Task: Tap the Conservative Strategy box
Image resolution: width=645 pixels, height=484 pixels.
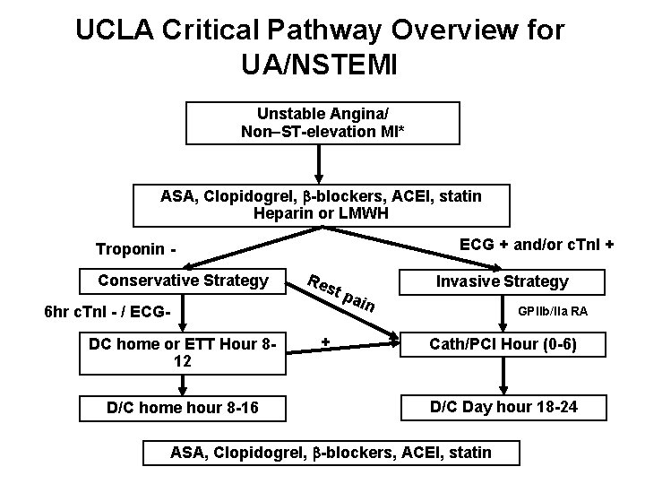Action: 183,281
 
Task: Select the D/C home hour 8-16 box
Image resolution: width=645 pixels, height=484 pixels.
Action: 183,408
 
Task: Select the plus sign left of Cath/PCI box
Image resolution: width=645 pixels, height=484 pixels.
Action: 326,341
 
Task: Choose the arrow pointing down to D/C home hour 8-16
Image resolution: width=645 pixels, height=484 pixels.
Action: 183,383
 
